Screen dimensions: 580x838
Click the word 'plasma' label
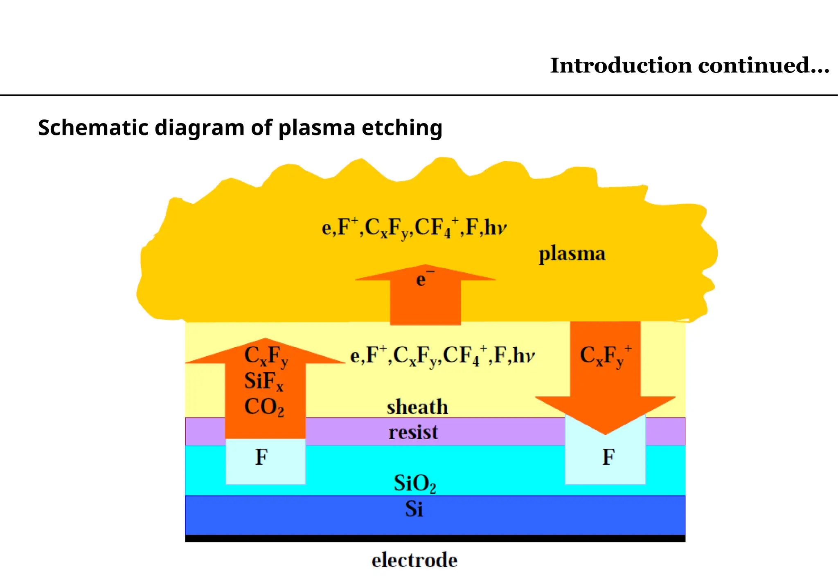point(572,254)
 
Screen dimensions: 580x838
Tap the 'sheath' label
point(417,407)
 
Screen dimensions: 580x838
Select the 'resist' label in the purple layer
point(413,432)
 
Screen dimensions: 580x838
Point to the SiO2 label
point(414,483)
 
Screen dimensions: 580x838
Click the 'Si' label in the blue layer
point(414,509)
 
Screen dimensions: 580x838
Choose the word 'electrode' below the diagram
point(414,560)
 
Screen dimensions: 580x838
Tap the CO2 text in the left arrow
point(264,407)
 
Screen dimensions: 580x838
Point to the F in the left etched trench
point(261,457)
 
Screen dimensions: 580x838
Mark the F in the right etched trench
point(608,457)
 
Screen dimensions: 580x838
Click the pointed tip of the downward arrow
point(605,432)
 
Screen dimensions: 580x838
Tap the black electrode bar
point(435,538)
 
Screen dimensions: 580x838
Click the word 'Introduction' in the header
point(621,65)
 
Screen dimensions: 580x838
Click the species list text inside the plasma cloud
point(414,228)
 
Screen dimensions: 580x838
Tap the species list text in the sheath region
point(442,355)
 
